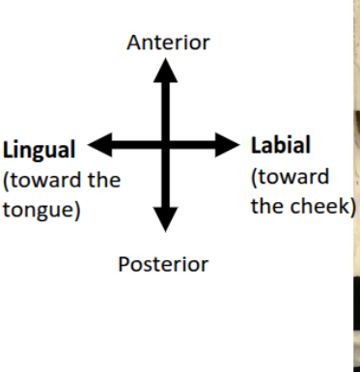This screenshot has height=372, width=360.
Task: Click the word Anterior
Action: [168, 43]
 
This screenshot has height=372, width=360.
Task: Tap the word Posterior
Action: [163, 264]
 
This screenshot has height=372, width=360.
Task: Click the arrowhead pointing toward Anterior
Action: [167, 70]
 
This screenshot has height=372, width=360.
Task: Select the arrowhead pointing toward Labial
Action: [228, 146]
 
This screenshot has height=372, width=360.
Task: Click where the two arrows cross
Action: [167, 146]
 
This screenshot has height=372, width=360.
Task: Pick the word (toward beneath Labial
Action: [289, 177]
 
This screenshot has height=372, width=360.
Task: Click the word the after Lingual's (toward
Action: [101, 180]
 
